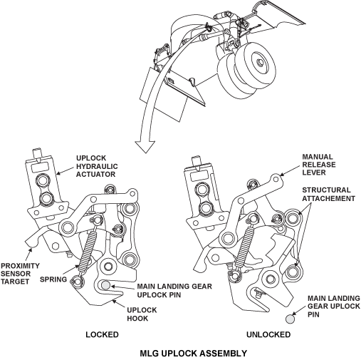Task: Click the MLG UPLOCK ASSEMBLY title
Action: pos(193,354)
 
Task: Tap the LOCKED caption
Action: pos(102,334)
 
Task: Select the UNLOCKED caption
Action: pos(268,334)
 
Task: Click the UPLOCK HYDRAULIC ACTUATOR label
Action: pos(97,166)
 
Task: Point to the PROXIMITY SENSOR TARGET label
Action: pos(20,274)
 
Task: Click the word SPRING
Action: pos(53,279)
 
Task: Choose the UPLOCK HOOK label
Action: pos(142,314)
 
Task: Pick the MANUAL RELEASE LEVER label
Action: pos(319,165)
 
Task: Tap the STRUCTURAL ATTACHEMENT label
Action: pos(328,194)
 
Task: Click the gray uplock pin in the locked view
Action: pos(106,285)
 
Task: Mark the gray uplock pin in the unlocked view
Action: pos(290,319)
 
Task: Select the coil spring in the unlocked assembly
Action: pos(244,244)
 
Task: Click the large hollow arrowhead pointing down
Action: pos(145,146)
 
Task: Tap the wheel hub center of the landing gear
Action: pos(260,63)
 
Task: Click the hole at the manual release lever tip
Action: pos(276,179)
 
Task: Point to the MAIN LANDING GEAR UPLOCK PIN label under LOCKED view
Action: pos(174,290)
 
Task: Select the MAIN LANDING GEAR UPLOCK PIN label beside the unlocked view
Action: pos(334,307)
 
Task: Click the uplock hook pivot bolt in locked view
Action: pos(108,266)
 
